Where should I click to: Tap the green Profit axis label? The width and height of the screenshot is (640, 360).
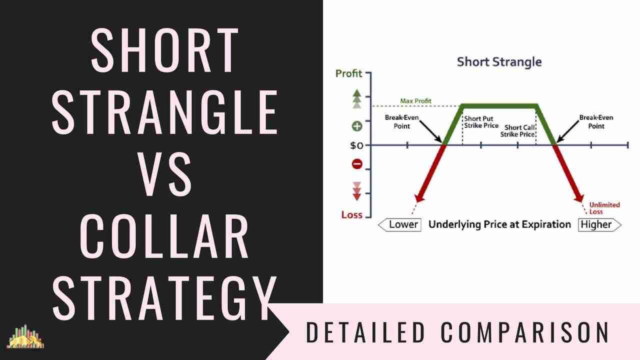[348, 73]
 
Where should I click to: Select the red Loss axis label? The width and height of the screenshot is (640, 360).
[351, 214]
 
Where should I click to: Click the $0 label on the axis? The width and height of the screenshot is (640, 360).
[356, 145]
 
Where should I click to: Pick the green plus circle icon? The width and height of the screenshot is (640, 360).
[357, 125]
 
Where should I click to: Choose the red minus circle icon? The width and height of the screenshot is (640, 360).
[357, 163]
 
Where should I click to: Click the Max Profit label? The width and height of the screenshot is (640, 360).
[415, 101]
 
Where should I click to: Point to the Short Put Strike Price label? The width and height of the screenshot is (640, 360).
[479, 122]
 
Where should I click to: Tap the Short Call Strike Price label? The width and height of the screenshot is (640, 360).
[520, 131]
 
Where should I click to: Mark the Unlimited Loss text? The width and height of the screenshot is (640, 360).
[604, 208]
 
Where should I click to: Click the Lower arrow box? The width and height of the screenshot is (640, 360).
[400, 224]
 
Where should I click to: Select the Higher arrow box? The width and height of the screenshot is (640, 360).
[599, 224]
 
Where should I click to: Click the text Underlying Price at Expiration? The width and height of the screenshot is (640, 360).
[499, 224]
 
